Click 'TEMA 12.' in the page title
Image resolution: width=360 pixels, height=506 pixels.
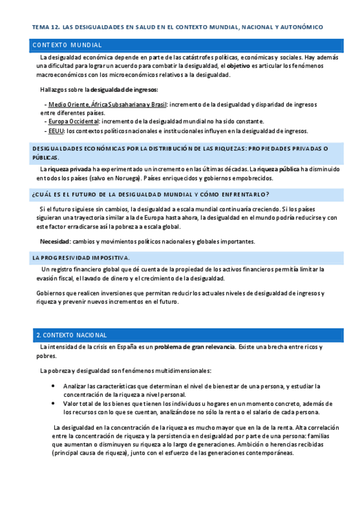tap(45, 27)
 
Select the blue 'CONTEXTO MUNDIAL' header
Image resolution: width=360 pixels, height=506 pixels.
tap(67, 45)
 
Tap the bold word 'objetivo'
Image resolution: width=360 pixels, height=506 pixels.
tap(238, 66)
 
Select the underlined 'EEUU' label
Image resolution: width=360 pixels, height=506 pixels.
tap(56, 131)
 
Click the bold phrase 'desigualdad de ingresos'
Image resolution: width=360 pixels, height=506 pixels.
tap(124, 90)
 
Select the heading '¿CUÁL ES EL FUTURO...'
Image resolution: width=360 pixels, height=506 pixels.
tap(150, 195)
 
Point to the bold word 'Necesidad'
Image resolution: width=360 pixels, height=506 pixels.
tap(54, 241)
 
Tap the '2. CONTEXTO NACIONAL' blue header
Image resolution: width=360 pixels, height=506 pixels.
tap(72, 335)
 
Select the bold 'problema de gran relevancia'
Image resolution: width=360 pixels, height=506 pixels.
tap(194, 347)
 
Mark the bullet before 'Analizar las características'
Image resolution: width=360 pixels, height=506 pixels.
tap(53, 385)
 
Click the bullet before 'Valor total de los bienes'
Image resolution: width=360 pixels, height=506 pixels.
tap(53, 403)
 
